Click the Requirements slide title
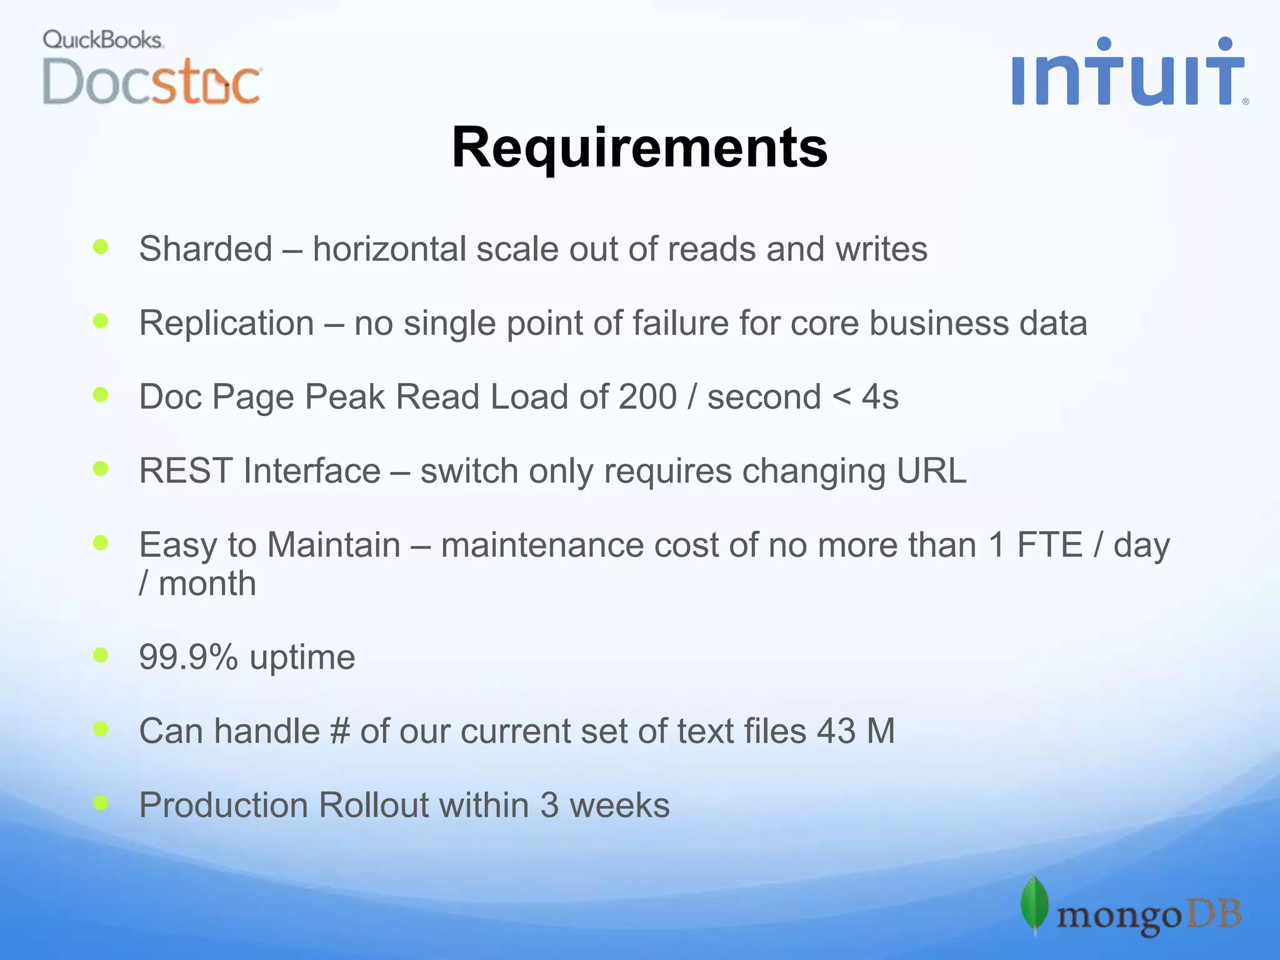(x=639, y=147)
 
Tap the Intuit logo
(x=1128, y=73)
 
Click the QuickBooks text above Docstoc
(x=102, y=40)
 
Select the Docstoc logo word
(x=151, y=82)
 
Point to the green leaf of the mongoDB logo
(x=1034, y=904)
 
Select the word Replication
(x=226, y=323)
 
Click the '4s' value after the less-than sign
(x=880, y=397)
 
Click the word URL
(x=931, y=471)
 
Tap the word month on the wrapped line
(x=207, y=584)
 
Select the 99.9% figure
(x=188, y=657)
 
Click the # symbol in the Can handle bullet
(x=339, y=731)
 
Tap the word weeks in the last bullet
(x=619, y=805)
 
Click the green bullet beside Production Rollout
(x=101, y=802)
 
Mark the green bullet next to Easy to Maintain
(x=101, y=542)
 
